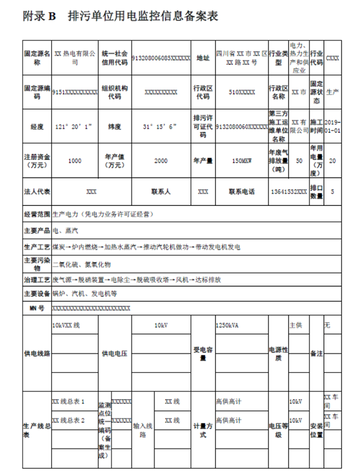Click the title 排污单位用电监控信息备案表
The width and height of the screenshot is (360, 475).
(x=142, y=16)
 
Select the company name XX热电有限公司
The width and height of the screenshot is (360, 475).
(x=75, y=58)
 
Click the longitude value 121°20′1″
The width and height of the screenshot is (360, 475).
(x=74, y=126)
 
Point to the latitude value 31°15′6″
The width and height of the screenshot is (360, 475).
(x=161, y=126)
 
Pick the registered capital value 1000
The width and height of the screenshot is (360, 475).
(x=74, y=161)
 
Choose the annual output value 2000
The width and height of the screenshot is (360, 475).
(x=161, y=161)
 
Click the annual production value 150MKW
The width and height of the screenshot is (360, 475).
(x=242, y=161)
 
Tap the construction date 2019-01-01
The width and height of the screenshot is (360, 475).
(x=333, y=126)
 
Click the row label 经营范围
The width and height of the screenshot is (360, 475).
(x=37, y=214)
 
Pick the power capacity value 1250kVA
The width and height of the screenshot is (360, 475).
(x=227, y=325)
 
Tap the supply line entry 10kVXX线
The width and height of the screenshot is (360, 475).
(x=66, y=325)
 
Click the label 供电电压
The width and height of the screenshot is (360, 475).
(x=115, y=353)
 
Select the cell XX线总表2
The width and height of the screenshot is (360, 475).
(x=68, y=420)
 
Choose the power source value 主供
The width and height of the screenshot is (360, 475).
(x=296, y=325)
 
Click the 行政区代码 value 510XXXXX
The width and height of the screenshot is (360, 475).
(x=242, y=92)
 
